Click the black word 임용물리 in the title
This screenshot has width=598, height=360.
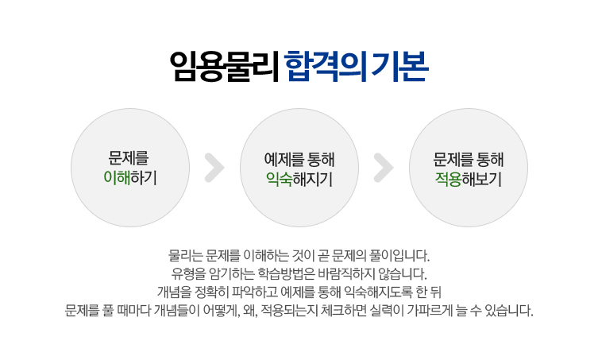pos(224,68)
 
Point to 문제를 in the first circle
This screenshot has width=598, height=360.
pos(129,157)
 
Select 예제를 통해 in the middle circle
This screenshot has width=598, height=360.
pos(299,157)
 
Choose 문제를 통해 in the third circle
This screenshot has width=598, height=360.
pos(468,157)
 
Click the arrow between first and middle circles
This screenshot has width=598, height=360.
pos(214,167)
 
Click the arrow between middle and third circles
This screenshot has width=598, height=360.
pos(383,167)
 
